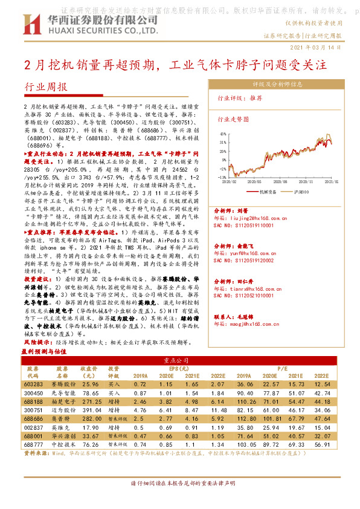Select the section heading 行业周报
click(47, 87)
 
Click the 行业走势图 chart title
click(233, 120)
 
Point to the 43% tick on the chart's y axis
click(223, 134)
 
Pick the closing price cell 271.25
click(89, 401)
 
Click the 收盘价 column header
click(89, 371)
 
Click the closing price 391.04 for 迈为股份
click(89, 409)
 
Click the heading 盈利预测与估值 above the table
click(43, 351)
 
